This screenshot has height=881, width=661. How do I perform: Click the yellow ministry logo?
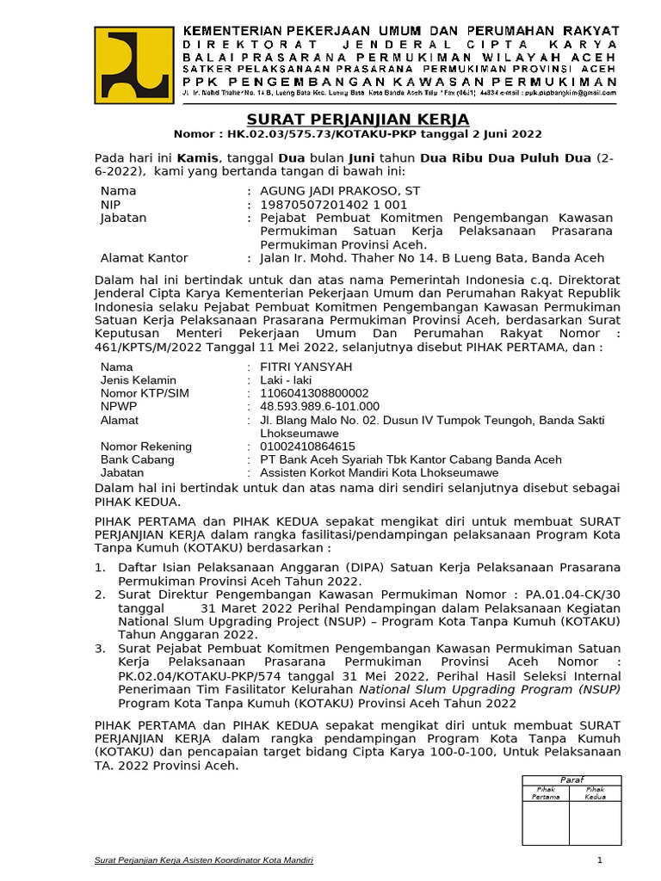pos(133,63)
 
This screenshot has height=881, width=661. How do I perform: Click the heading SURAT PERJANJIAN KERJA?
pos(358,119)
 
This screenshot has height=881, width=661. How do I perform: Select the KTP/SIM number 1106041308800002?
pos(308,393)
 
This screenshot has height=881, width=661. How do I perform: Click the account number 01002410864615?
pos(301,447)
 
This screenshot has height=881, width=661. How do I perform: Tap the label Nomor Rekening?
pos(146,447)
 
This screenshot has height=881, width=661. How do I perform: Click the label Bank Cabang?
pos(137,459)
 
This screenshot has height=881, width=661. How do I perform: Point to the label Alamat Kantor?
pos(144,258)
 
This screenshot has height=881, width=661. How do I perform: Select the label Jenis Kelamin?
pos(139,380)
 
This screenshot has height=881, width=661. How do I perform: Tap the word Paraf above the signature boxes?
pos(571,779)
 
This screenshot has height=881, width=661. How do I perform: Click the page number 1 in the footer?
pos(600,860)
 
